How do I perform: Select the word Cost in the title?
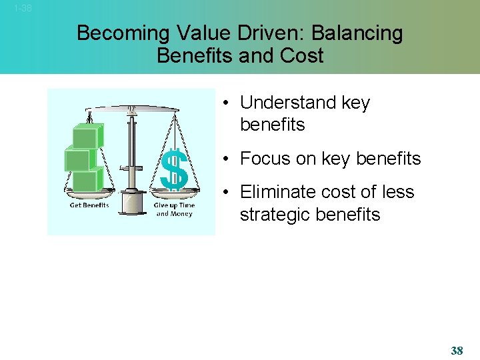(x=302, y=56)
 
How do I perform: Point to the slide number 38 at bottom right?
(x=457, y=351)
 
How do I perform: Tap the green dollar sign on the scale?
(x=175, y=169)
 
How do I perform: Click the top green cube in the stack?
(x=86, y=136)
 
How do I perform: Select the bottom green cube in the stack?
(x=85, y=181)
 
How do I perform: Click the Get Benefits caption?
(x=89, y=205)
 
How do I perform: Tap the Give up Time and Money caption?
(x=174, y=209)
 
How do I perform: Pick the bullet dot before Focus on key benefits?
(x=227, y=159)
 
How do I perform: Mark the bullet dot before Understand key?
(x=227, y=103)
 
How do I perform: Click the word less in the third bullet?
(x=398, y=192)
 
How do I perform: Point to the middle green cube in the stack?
(x=77, y=159)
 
